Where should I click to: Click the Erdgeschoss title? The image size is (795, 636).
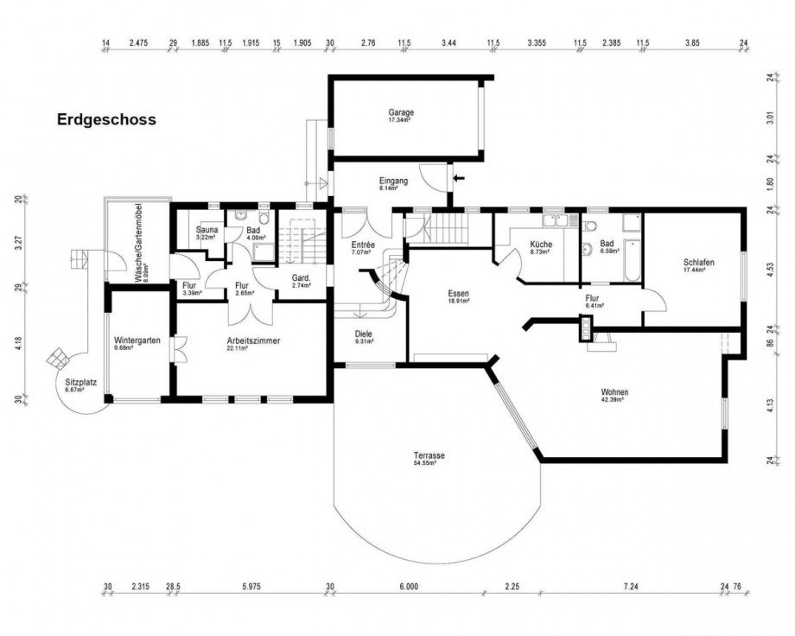106,119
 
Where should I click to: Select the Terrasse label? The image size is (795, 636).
429,458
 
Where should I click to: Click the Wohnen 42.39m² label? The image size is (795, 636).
615,395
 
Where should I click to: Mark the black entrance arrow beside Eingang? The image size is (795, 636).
458,179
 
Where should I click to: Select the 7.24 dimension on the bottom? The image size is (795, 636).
628,586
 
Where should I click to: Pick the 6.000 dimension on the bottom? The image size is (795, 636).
409,586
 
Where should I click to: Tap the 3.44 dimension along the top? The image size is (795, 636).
448,42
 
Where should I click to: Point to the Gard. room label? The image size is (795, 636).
302,279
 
